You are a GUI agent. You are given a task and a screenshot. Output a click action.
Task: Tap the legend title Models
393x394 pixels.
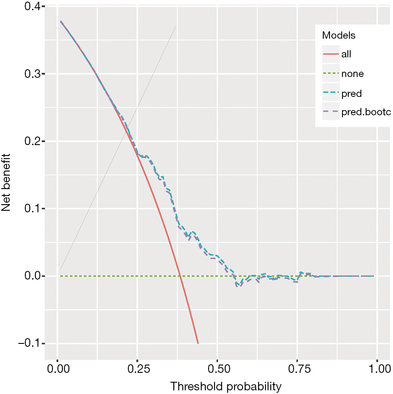tap(339, 35)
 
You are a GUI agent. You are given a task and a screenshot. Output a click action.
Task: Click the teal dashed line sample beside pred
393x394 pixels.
tap(330, 94)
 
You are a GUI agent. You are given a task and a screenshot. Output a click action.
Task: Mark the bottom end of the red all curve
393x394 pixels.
tap(198, 343)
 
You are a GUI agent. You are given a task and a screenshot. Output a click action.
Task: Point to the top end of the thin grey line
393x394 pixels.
tap(176, 27)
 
